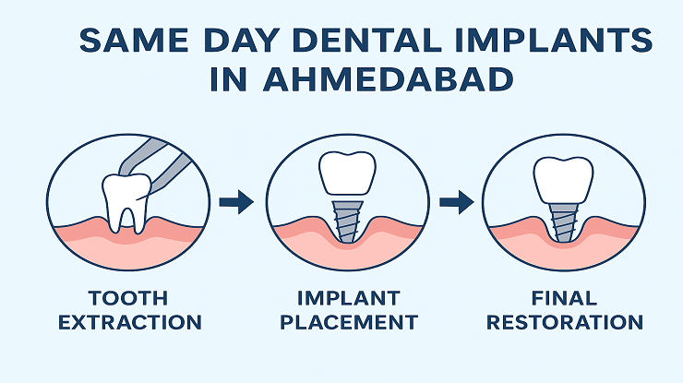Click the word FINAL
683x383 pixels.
[x=564, y=298]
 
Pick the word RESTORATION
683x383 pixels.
[x=565, y=322]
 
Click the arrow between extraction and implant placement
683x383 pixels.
[x=236, y=202]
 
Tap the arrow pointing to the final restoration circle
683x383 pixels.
[x=455, y=202]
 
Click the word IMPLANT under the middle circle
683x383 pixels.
[x=348, y=298]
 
